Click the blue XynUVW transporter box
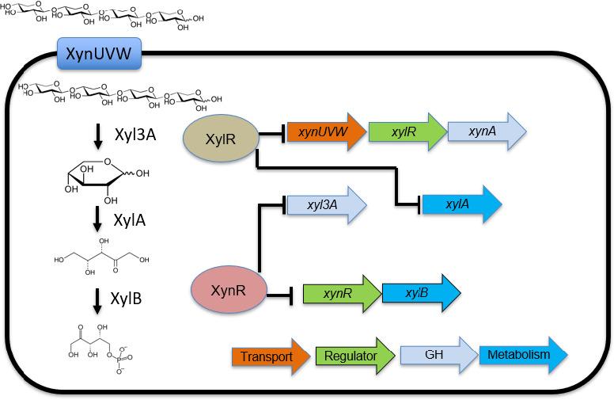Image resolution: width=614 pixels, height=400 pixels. tap(99, 55)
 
